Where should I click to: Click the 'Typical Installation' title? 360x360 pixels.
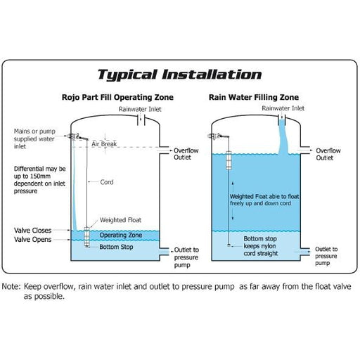click(179, 75)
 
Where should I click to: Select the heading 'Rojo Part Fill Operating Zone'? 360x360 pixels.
click(117, 97)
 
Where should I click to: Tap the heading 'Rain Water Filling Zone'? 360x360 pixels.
click(254, 97)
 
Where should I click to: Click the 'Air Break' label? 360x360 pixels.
click(104, 144)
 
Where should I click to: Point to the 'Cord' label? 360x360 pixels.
click(107, 182)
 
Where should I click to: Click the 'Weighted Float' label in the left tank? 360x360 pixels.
click(120, 220)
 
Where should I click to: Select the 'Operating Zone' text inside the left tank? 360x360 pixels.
click(121, 235)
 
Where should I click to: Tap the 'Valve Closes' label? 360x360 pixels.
click(32, 231)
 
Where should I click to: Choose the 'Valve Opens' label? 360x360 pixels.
click(32, 240)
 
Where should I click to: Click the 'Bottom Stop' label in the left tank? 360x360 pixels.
click(116, 247)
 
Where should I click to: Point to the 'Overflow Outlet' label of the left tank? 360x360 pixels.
click(186, 154)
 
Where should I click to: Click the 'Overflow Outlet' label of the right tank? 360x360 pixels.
click(328, 154)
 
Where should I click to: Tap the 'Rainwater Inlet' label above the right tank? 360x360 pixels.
click(283, 108)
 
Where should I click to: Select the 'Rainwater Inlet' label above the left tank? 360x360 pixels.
click(140, 109)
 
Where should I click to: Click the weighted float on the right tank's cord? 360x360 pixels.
click(229, 160)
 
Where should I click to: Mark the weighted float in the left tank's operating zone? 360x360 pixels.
click(86, 236)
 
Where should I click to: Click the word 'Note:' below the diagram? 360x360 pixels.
click(11, 286)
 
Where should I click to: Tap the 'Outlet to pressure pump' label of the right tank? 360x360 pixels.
click(326, 256)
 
